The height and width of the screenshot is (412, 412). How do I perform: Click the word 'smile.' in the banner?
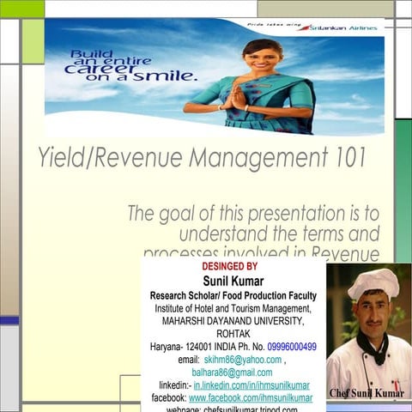168,77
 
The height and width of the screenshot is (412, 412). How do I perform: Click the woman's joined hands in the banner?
237,96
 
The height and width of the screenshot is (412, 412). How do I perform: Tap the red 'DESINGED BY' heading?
229,267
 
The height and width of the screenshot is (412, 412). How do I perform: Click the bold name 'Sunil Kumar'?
233,281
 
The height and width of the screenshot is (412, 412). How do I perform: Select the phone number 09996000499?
292,347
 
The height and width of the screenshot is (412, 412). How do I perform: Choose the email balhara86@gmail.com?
232,373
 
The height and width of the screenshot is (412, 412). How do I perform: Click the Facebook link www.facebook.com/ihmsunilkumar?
251,398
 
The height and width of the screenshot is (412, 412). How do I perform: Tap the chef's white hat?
373,282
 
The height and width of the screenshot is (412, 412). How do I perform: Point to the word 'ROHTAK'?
233,334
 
